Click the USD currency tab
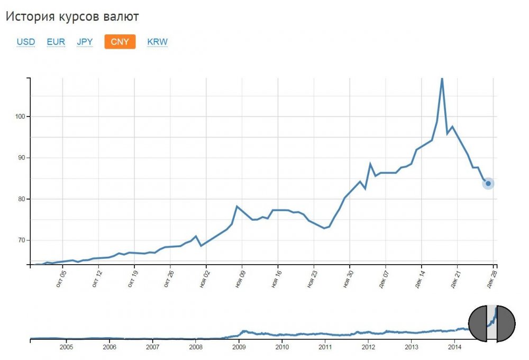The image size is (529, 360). tap(25, 42)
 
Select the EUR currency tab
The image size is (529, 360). tap(56, 42)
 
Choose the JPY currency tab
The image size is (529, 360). tap(86, 42)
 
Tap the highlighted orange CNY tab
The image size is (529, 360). tap(120, 42)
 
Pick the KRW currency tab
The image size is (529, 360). tap(157, 42)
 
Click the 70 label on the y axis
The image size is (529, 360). tap(22, 240)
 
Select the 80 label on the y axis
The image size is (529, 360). tap(22, 199)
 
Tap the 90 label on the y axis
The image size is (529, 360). tap(22, 158)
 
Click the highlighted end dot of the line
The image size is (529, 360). tap(488, 184)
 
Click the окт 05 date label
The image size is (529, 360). tap(62, 279)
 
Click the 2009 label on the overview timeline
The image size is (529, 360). tap(239, 347)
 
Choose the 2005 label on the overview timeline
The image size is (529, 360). tap(66, 347)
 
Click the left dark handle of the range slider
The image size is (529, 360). tap(478, 323)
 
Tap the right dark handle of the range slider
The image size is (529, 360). tap(506, 323)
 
